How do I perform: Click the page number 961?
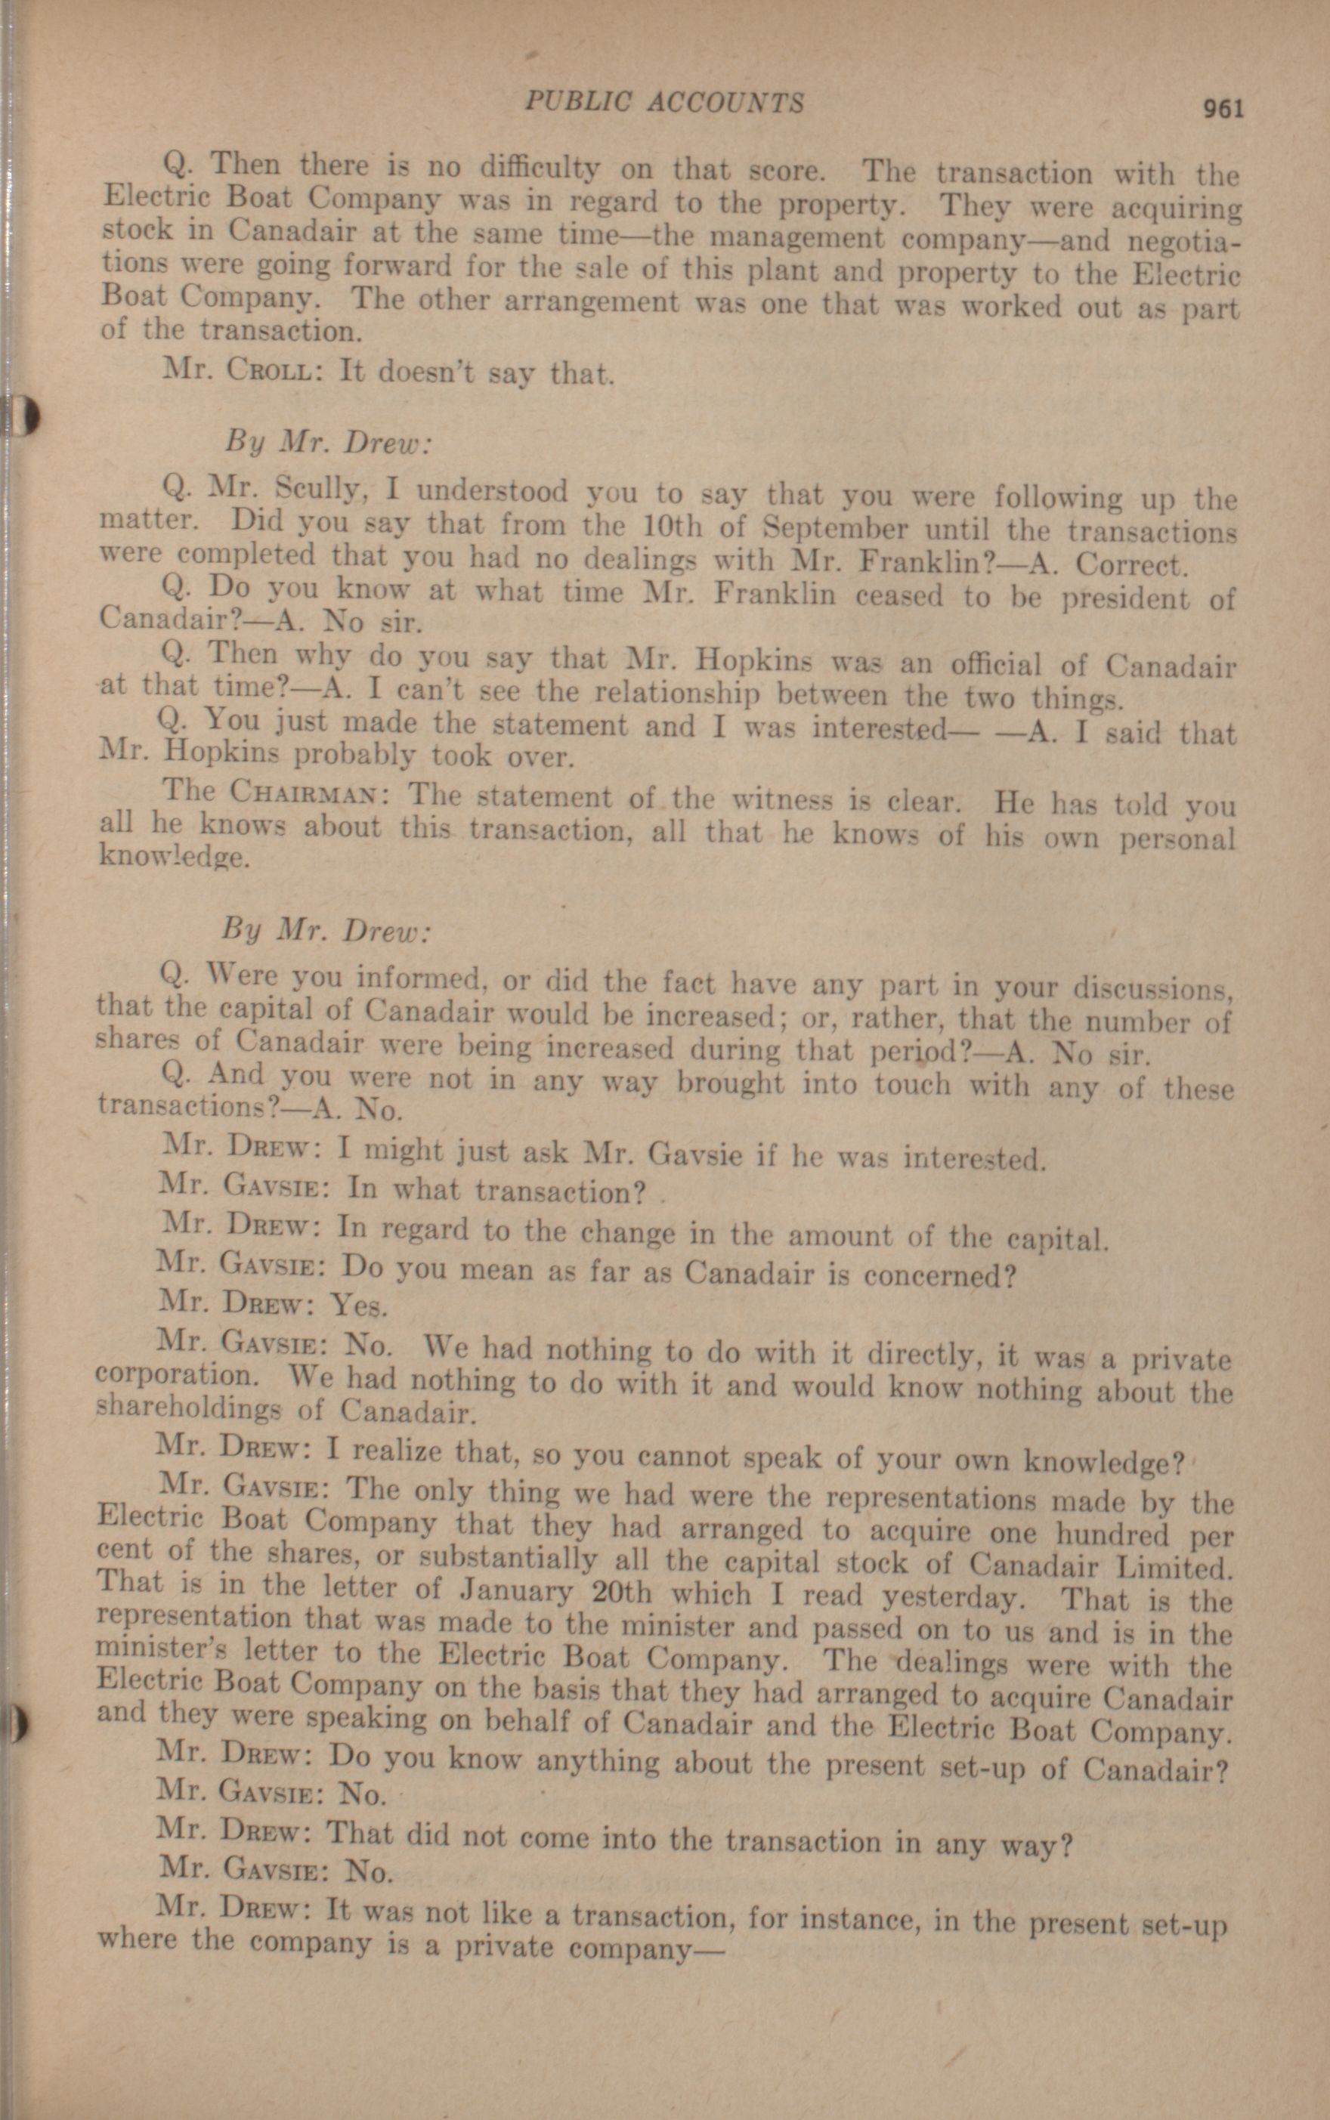tap(1223, 109)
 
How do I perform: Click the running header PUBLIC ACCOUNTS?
tap(664, 102)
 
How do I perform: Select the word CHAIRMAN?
tap(305, 793)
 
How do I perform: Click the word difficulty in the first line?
tap(536, 167)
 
